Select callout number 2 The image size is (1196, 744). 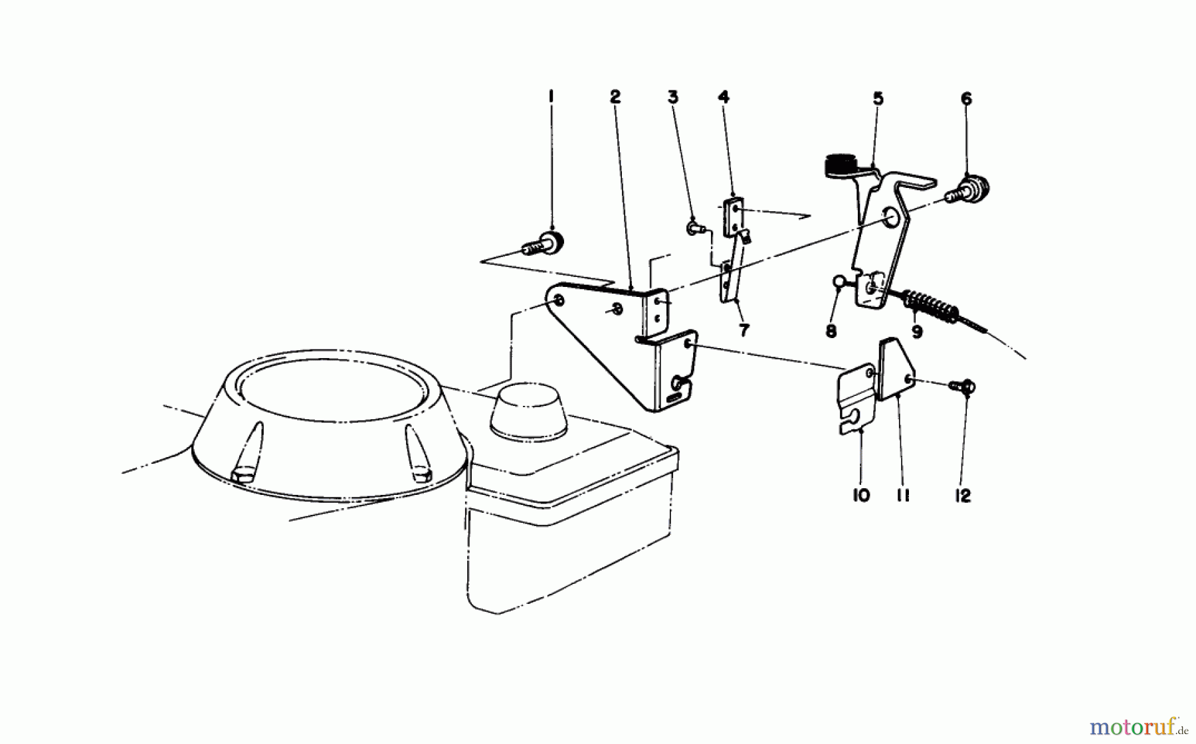click(615, 97)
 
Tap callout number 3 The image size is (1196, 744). click(672, 98)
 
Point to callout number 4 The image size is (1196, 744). click(724, 97)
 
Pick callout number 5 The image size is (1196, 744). click(878, 99)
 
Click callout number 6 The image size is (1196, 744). click(966, 99)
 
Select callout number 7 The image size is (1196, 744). click(744, 330)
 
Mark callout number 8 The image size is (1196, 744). click(831, 331)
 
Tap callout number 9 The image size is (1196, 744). click(917, 331)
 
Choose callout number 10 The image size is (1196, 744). click(860, 496)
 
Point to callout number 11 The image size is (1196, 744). click(902, 496)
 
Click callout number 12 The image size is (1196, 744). click(963, 496)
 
